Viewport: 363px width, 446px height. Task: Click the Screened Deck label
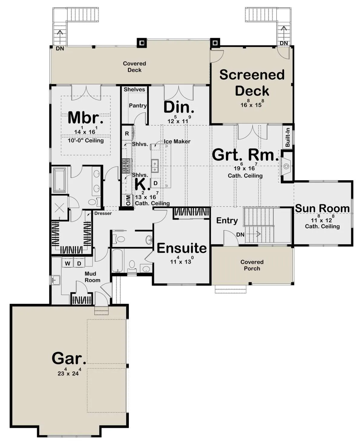pos(252,83)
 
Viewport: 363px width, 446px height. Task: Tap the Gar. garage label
pos(69,358)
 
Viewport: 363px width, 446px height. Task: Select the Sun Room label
pos(322,209)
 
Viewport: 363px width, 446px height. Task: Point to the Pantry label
pos(138,106)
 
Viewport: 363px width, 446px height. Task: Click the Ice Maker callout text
pos(177,141)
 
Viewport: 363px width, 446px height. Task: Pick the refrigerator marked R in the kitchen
pos(127,134)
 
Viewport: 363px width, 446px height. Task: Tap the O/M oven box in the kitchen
pos(128,200)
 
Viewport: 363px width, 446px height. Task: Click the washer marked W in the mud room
pos(67,263)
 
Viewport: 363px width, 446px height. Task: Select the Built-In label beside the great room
pos(288,137)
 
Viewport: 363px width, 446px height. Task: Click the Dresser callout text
pos(103,213)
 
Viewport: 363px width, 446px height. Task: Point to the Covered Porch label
pos(252,265)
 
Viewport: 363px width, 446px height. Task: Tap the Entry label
pos(227,221)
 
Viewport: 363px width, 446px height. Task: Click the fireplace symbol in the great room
pos(286,167)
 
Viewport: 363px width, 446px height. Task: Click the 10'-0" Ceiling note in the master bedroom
pos(86,140)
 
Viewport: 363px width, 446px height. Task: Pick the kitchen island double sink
pos(155,166)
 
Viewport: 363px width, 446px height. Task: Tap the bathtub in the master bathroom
pos(60,180)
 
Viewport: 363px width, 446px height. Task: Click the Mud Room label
pos(92,277)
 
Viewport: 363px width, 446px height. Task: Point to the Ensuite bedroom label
pos(181,248)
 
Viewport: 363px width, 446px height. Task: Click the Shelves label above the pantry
pos(134,90)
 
